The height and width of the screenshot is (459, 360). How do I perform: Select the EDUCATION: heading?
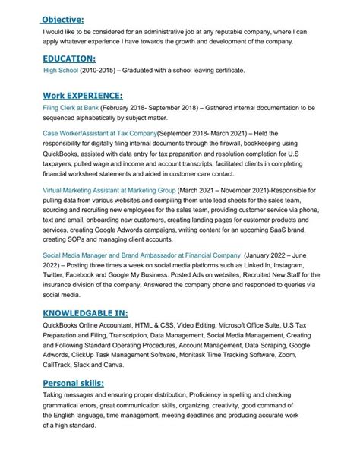coord(68,58)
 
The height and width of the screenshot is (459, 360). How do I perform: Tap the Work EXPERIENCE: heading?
coord(82,96)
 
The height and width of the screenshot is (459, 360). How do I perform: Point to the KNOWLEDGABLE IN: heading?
coord(85,312)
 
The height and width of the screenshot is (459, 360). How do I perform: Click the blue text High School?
coord(65,71)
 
